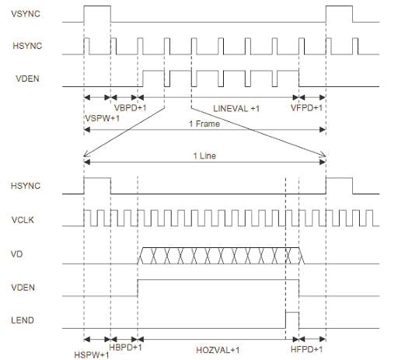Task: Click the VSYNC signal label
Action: point(26,13)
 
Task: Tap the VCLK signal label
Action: point(23,220)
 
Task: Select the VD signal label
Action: point(17,254)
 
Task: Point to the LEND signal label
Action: point(23,320)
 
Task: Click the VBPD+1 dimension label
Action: point(131,107)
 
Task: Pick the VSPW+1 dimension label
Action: point(103,118)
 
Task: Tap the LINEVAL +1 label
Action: point(236,108)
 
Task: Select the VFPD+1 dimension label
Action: point(306,107)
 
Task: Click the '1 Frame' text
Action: point(204,124)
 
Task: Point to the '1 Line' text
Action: point(204,156)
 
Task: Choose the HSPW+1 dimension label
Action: point(92,355)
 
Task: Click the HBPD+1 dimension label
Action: point(126,347)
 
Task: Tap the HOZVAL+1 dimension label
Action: point(218,350)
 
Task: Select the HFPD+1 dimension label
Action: point(307,349)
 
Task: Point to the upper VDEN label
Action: point(27,79)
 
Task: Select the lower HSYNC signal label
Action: point(26,186)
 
